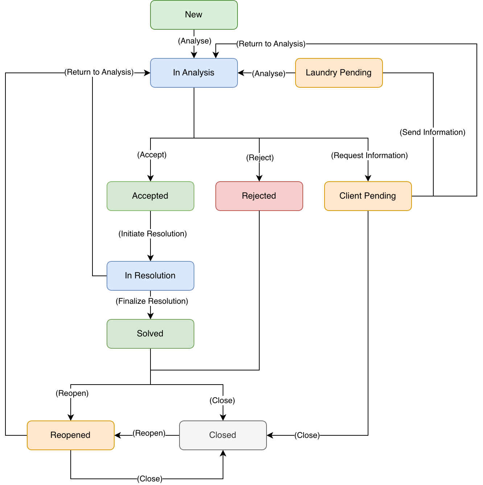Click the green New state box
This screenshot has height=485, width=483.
coord(194,15)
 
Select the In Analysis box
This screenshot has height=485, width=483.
coord(194,73)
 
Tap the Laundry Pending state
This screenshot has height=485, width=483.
coord(339,73)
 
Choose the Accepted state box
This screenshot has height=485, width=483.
coord(150,196)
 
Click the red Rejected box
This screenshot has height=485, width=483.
coord(259,196)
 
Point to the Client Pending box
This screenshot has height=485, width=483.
coord(368,196)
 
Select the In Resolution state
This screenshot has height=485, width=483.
coord(150,276)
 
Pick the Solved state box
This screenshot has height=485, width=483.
coord(150,334)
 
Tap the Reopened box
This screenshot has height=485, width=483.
coord(70,435)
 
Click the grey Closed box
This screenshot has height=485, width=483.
coord(223,435)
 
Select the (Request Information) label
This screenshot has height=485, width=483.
coord(369,156)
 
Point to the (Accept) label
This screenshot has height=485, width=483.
coord(152,155)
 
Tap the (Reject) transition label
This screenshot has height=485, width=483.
coord(260,158)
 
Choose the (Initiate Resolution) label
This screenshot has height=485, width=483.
coord(152,234)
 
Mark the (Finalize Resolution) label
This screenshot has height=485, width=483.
coord(152,301)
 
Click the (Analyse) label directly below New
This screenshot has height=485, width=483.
coord(194,41)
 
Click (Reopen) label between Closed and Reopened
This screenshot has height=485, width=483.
coord(149,433)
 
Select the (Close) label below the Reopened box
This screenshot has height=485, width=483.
coord(149,479)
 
